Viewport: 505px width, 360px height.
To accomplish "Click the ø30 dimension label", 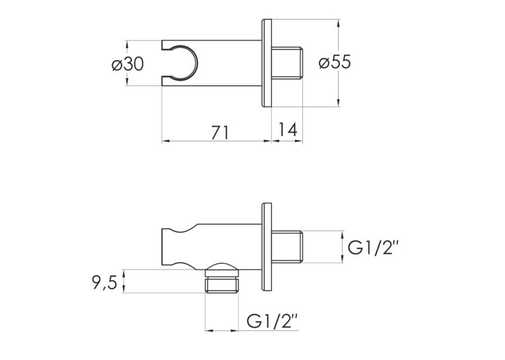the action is click(127, 64).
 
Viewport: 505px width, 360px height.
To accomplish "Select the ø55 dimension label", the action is click(335, 62).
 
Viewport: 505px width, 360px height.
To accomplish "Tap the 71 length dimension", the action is click(220, 132).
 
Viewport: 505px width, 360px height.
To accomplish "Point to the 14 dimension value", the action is click(288, 129).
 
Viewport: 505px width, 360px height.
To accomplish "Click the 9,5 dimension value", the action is click(105, 283).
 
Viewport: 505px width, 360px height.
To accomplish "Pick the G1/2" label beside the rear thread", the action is click(373, 248).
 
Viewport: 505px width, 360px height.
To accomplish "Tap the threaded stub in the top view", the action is click(287, 63).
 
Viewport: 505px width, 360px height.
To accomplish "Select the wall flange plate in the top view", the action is click(266, 63).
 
